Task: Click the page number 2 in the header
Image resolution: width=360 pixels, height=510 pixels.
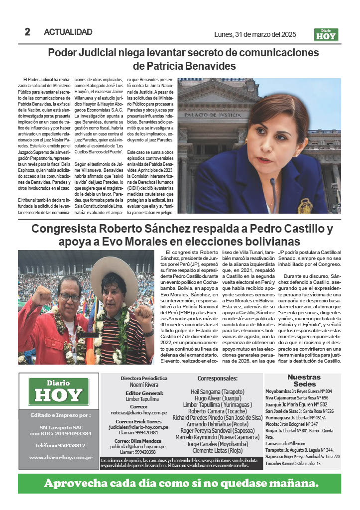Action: [x=27, y=32]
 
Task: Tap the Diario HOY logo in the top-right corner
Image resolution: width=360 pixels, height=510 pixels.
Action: [x=326, y=34]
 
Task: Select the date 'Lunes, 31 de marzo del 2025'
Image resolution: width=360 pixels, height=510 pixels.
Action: [x=255, y=34]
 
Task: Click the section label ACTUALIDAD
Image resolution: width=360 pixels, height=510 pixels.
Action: [x=68, y=32]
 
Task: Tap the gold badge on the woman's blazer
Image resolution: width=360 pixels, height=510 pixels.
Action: [x=305, y=206]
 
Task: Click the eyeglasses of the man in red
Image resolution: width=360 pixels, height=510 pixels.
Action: [x=70, y=297]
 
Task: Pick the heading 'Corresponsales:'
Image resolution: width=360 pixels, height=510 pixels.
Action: [x=218, y=378]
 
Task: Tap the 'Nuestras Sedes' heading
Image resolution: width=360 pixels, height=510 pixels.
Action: [x=304, y=381]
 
